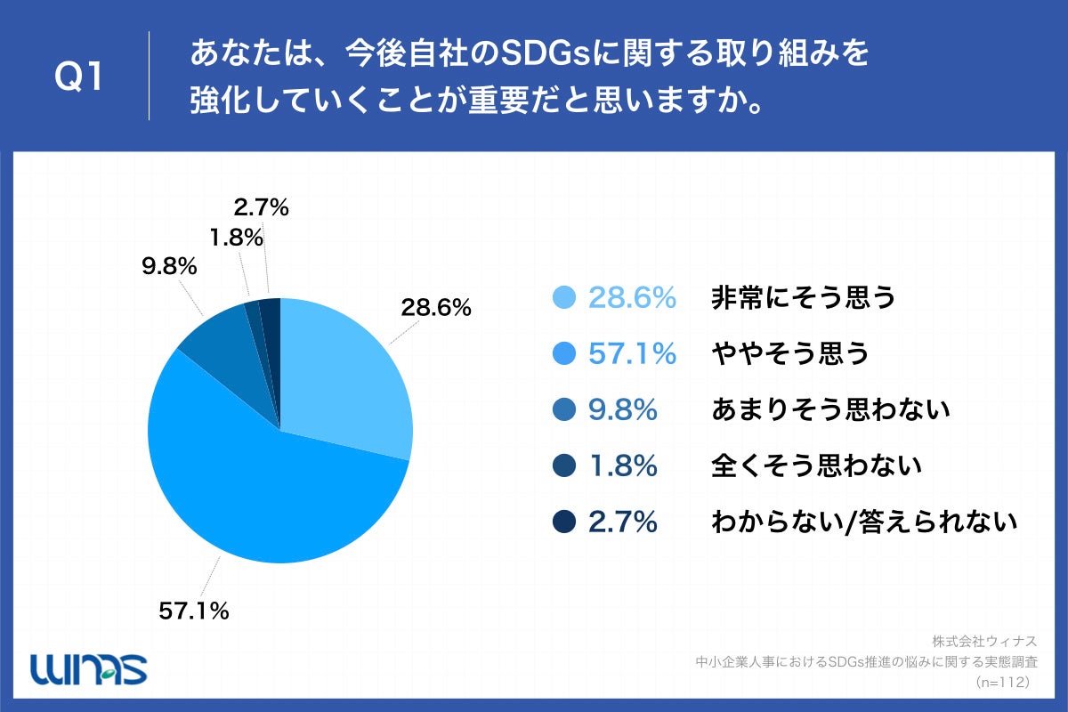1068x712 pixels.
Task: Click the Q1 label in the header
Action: [x=79, y=77]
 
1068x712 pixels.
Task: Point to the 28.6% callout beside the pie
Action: [x=435, y=308]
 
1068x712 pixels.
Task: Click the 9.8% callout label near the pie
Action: [x=168, y=266]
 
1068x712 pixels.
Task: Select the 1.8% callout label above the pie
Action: [x=237, y=238]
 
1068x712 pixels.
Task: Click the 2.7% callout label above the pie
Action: [x=262, y=208]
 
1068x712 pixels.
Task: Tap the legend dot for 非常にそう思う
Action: [x=564, y=298]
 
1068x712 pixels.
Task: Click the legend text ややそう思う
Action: [x=789, y=354]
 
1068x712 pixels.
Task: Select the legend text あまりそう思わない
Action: [x=830, y=410]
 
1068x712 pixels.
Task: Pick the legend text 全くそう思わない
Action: [x=816, y=466]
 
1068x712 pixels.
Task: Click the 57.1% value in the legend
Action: [x=633, y=354]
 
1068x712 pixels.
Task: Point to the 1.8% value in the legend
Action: [x=623, y=466]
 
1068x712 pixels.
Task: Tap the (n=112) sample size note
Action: [x=1002, y=682]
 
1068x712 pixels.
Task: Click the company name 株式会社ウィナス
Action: [x=986, y=641]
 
